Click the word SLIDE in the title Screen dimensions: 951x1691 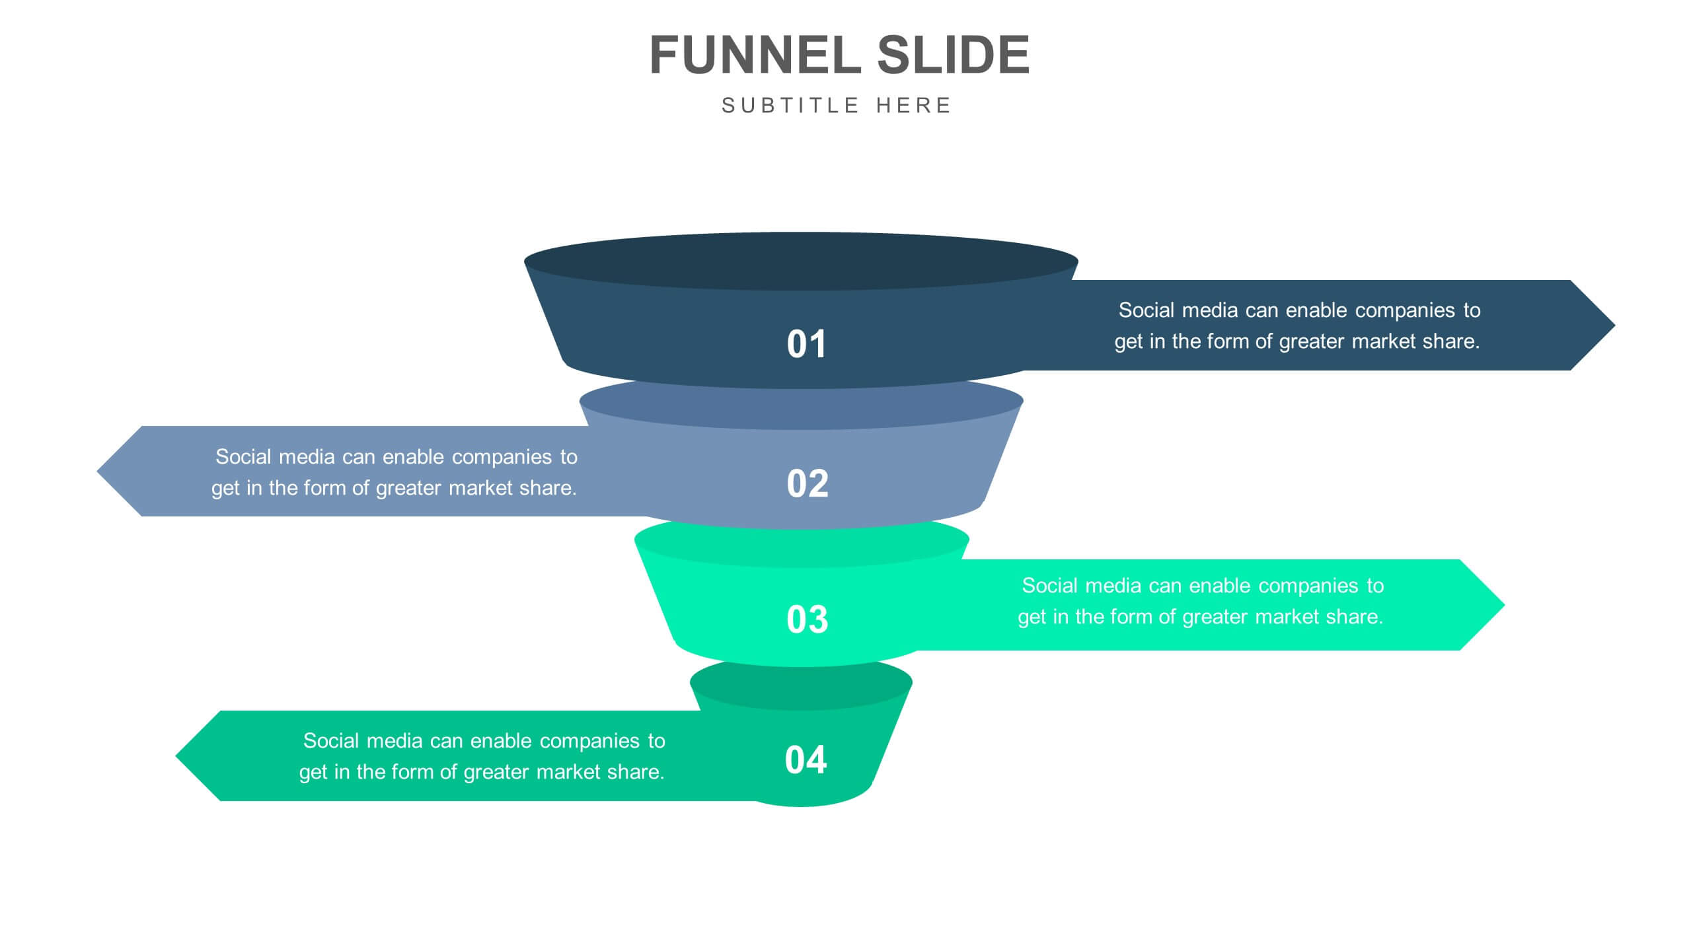[x=953, y=55]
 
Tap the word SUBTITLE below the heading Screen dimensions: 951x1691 [x=790, y=106]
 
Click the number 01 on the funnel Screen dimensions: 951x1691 [x=806, y=344]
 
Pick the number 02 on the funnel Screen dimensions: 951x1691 [x=807, y=483]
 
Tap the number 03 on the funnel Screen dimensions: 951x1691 [x=807, y=619]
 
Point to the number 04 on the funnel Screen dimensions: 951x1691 [x=806, y=759]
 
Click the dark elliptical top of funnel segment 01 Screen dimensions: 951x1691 [x=801, y=261]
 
